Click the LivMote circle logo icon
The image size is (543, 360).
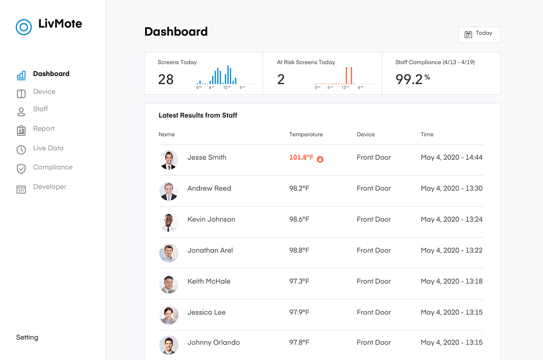(24, 27)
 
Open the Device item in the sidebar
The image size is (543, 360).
(44, 91)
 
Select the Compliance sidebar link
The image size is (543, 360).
(52, 167)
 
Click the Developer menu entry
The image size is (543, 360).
(49, 187)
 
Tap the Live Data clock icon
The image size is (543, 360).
(21, 149)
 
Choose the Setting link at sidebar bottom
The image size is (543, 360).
(27, 337)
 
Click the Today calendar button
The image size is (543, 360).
(479, 34)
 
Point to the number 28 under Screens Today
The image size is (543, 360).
(166, 80)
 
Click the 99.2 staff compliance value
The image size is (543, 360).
(409, 79)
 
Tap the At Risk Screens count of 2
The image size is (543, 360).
(281, 80)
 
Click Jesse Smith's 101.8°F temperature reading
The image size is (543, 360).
(301, 158)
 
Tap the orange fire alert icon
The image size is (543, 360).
(320, 159)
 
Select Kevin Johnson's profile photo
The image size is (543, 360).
(168, 222)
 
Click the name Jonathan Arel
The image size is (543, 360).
(210, 250)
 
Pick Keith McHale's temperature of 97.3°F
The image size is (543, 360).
(299, 281)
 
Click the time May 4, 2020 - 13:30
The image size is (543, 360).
(452, 188)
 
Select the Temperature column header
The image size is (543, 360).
(306, 134)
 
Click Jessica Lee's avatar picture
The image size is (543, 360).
(168, 315)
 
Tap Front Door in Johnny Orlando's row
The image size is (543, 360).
(374, 343)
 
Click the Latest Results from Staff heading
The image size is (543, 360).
(198, 115)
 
